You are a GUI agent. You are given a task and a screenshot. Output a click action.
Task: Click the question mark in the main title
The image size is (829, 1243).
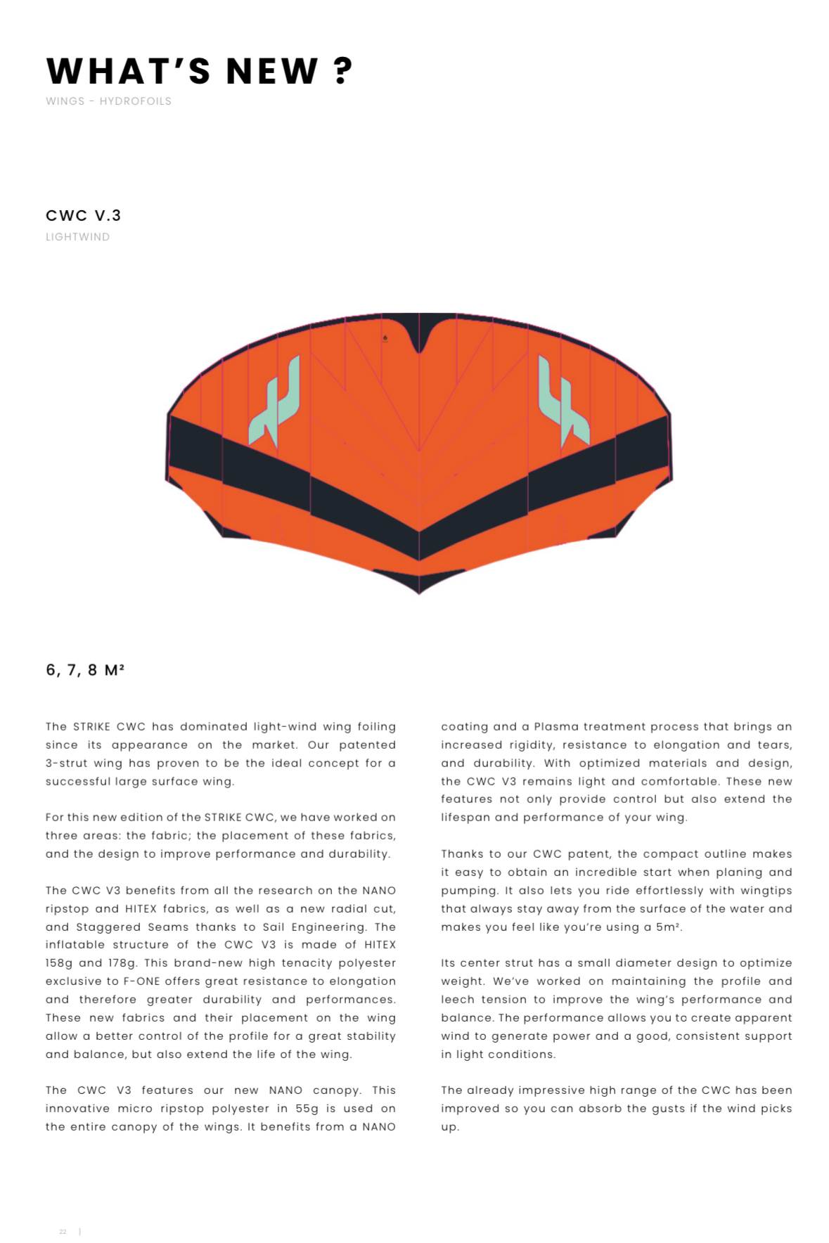(x=342, y=70)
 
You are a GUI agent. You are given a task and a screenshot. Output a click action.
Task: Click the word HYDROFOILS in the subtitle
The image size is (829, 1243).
(x=135, y=101)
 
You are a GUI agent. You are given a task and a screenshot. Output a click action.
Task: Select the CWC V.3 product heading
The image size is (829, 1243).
(x=83, y=215)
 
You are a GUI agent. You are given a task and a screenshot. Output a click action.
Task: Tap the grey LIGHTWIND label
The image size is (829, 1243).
(x=77, y=237)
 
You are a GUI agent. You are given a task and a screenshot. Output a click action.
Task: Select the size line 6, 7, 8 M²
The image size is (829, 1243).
(x=85, y=670)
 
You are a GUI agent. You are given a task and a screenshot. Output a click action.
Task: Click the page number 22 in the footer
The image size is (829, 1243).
(x=63, y=1232)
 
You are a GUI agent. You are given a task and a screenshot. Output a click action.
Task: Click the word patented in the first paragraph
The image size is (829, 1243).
(x=367, y=745)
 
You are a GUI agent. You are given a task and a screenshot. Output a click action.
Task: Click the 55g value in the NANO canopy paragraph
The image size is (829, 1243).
(x=307, y=1108)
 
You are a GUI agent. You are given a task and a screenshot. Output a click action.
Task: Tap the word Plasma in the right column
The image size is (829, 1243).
(x=555, y=726)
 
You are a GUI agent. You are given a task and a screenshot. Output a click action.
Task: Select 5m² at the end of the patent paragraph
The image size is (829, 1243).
(x=668, y=927)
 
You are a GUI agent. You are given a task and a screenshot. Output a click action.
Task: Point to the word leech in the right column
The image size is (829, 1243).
(x=457, y=999)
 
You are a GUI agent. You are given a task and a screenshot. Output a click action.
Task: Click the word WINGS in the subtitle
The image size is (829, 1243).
(x=65, y=101)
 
